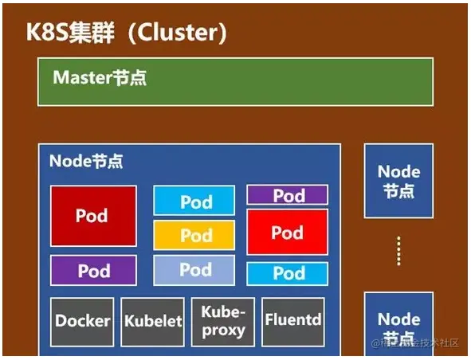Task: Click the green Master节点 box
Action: click(x=235, y=82)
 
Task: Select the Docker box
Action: click(x=83, y=321)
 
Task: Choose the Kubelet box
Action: click(x=153, y=321)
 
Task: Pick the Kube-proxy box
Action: click(x=222, y=321)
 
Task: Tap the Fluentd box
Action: click(x=293, y=321)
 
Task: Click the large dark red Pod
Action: click(x=92, y=216)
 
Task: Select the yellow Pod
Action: click(x=194, y=236)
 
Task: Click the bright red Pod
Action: click(x=287, y=233)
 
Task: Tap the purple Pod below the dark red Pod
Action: click(x=93, y=271)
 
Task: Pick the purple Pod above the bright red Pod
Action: click(x=287, y=195)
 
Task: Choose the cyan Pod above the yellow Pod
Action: click(x=194, y=201)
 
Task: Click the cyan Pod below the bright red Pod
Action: click(x=287, y=273)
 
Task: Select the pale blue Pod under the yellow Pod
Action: click(x=194, y=270)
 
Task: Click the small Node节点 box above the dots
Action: click(x=398, y=181)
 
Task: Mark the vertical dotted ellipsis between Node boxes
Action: click(x=398, y=252)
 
